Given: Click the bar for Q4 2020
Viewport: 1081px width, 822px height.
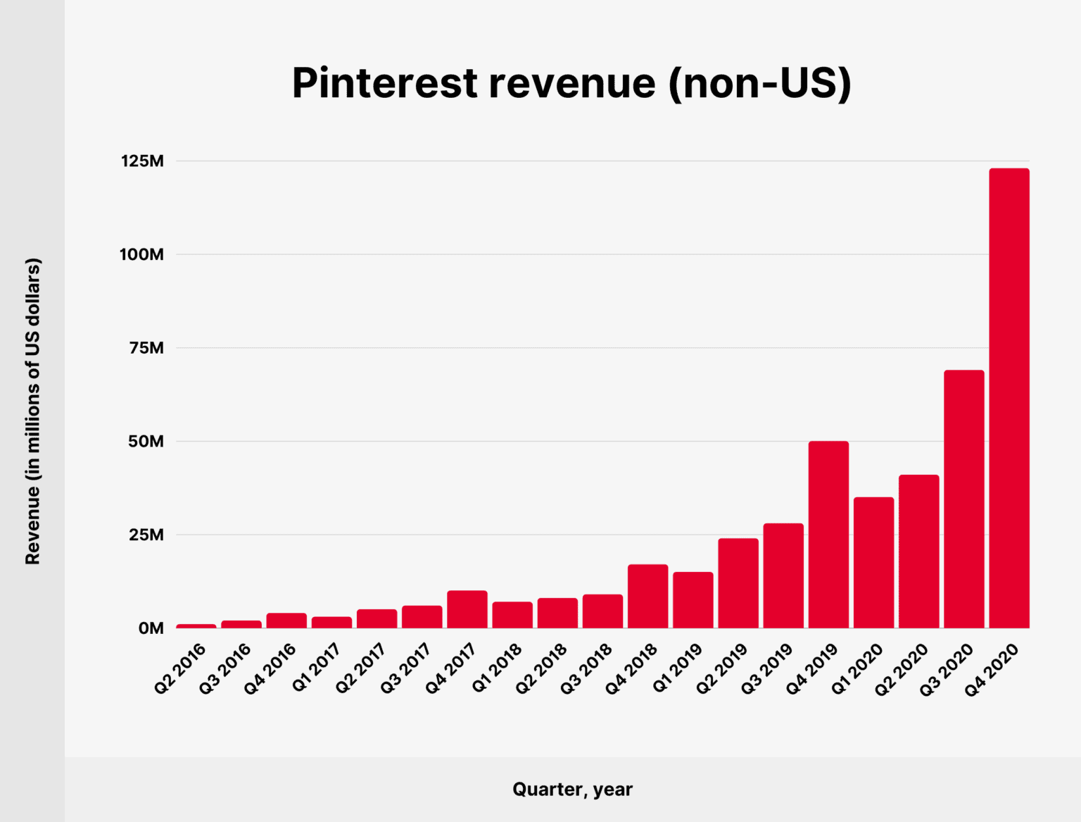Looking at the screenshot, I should tap(1009, 398).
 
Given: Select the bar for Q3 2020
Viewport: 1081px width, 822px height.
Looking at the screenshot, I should tap(963, 499).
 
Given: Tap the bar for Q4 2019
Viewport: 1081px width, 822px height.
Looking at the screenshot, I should tap(828, 534).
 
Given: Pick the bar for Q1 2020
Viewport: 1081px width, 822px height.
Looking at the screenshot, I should tap(873, 562).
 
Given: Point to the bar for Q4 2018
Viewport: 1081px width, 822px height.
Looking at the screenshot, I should tap(647, 596).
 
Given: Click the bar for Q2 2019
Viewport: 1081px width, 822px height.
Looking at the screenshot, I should tap(738, 583).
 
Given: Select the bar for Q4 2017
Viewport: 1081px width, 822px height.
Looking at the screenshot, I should tap(467, 609).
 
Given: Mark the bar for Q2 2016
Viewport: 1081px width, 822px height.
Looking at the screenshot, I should tap(196, 625).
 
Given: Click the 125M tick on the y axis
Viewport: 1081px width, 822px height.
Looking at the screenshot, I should tap(142, 161).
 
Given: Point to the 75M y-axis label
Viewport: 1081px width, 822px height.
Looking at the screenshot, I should tap(146, 348).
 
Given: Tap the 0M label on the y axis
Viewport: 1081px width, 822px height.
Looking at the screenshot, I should tap(151, 628).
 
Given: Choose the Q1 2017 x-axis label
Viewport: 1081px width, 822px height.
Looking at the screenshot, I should tap(316, 668).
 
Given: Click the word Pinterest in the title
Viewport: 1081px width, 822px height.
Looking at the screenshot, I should tap(385, 83).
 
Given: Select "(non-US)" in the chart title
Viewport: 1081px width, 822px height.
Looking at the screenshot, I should tap(759, 83).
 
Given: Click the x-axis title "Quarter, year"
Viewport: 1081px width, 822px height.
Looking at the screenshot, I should tap(572, 790).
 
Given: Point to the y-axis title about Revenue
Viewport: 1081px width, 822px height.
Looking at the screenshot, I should tap(33, 411).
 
